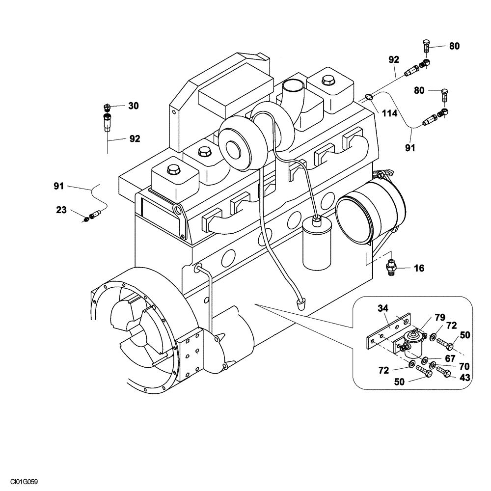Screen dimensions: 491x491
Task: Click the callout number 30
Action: pyautogui.click(x=134, y=106)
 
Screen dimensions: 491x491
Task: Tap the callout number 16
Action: pyautogui.click(x=419, y=268)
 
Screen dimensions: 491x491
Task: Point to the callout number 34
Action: pyautogui.click(x=383, y=308)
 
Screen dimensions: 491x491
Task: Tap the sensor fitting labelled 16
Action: pyautogui.click(x=391, y=269)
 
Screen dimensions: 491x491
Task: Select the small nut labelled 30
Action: pyautogui.click(x=107, y=107)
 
